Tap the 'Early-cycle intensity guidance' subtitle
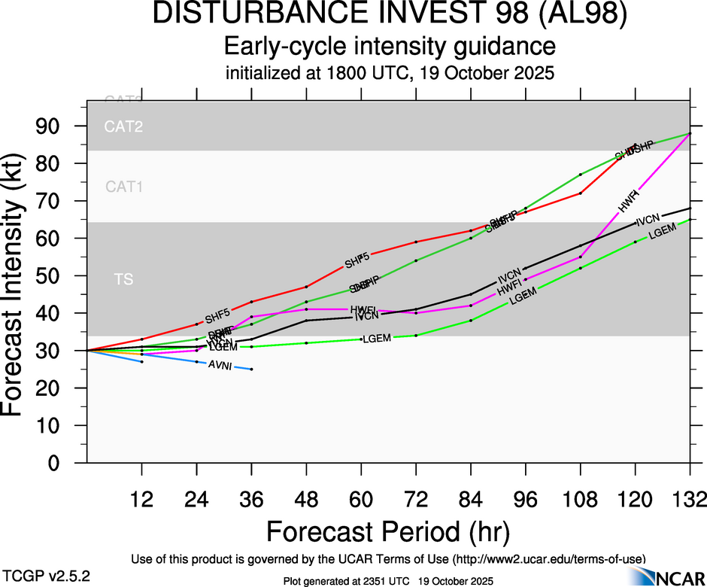click(390, 47)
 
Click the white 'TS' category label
click(123, 280)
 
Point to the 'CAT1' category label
click(123, 187)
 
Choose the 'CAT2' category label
click(123, 126)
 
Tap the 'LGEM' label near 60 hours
click(377, 339)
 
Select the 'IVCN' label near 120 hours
click(648, 221)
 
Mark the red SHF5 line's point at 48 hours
click(306, 287)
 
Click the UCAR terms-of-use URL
click(548, 558)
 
